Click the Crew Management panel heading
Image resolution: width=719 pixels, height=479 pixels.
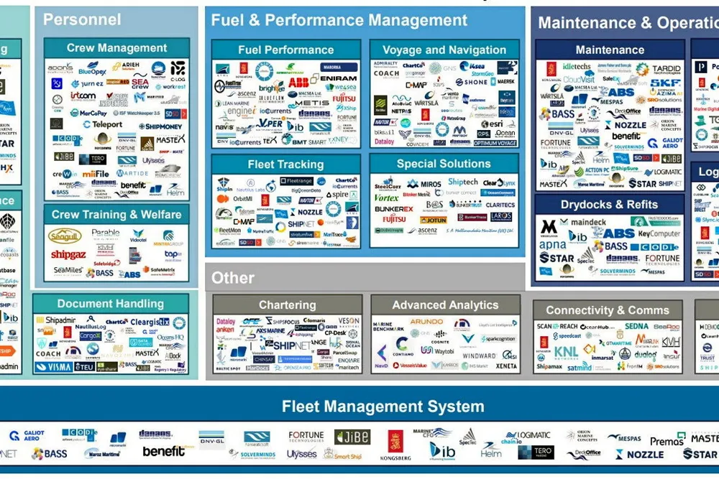pos(116,48)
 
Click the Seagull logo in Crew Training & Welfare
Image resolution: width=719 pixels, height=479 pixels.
pos(65,236)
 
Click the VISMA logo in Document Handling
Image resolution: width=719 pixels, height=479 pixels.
pos(53,366)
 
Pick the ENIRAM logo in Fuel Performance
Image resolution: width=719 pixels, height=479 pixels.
pos(338,78)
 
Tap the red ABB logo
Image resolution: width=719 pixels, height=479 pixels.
pos(298,83)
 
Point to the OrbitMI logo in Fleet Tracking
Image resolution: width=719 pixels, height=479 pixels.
pos(242,199)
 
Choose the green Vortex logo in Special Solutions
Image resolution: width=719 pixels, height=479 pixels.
pos(386,197)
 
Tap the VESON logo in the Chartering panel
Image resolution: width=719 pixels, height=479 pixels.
pos(348,321)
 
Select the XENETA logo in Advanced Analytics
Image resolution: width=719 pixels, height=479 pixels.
pos(505,366)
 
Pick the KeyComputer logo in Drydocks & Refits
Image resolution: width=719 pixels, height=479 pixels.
pos(659,234)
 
